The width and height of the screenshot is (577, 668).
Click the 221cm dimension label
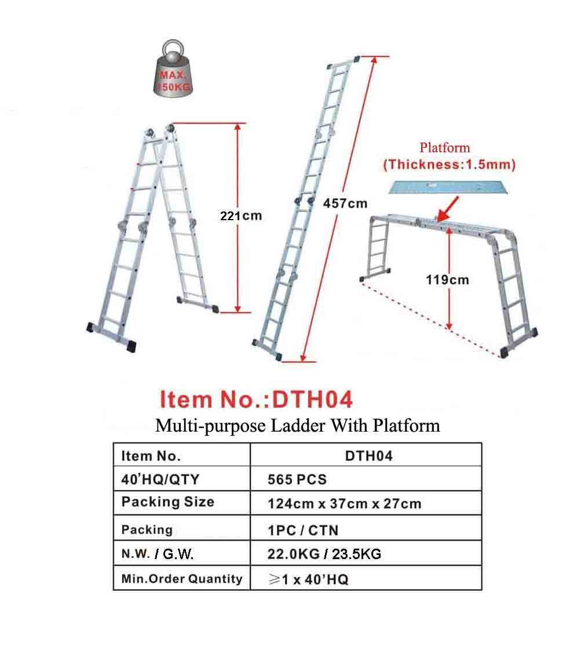(240, 216)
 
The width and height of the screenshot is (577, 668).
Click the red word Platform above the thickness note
(445, 148)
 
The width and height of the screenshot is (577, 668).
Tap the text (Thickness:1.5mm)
(449, 164)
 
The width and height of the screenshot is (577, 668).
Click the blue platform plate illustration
(450, 187)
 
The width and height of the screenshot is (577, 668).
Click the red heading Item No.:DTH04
(256, 399)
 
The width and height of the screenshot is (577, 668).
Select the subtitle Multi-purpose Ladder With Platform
(297, 426)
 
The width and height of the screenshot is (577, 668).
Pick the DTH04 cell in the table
(368, 456)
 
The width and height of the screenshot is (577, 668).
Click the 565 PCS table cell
(297, 480)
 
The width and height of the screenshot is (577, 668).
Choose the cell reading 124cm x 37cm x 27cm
(344, 504)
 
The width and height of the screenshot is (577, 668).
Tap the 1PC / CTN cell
(303, 530)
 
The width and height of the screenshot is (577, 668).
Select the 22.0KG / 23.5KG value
(324, 554)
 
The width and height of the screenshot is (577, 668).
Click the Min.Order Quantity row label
(182, 578)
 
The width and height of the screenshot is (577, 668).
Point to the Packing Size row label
(167, 502)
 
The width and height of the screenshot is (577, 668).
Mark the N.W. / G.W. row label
(157, 554)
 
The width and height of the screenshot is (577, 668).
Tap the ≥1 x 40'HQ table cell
(309, 579)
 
